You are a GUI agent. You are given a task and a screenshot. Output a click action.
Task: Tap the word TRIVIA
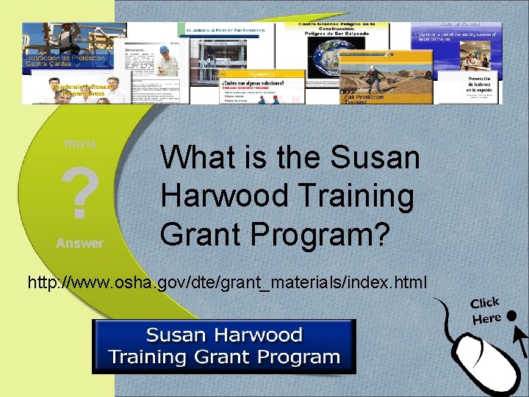pyautogui.click(x=79, y=144)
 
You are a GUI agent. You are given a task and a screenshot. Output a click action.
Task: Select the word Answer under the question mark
pyautogui.click(x=79, y=243)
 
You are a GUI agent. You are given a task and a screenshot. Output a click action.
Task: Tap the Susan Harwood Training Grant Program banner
pyautogui.click(x=223, y=346)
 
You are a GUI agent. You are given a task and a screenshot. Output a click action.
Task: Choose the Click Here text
pyautogui.click(x=486, y=311)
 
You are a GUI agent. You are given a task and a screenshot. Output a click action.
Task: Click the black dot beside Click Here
pyautogui.click(x=511, y=315)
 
